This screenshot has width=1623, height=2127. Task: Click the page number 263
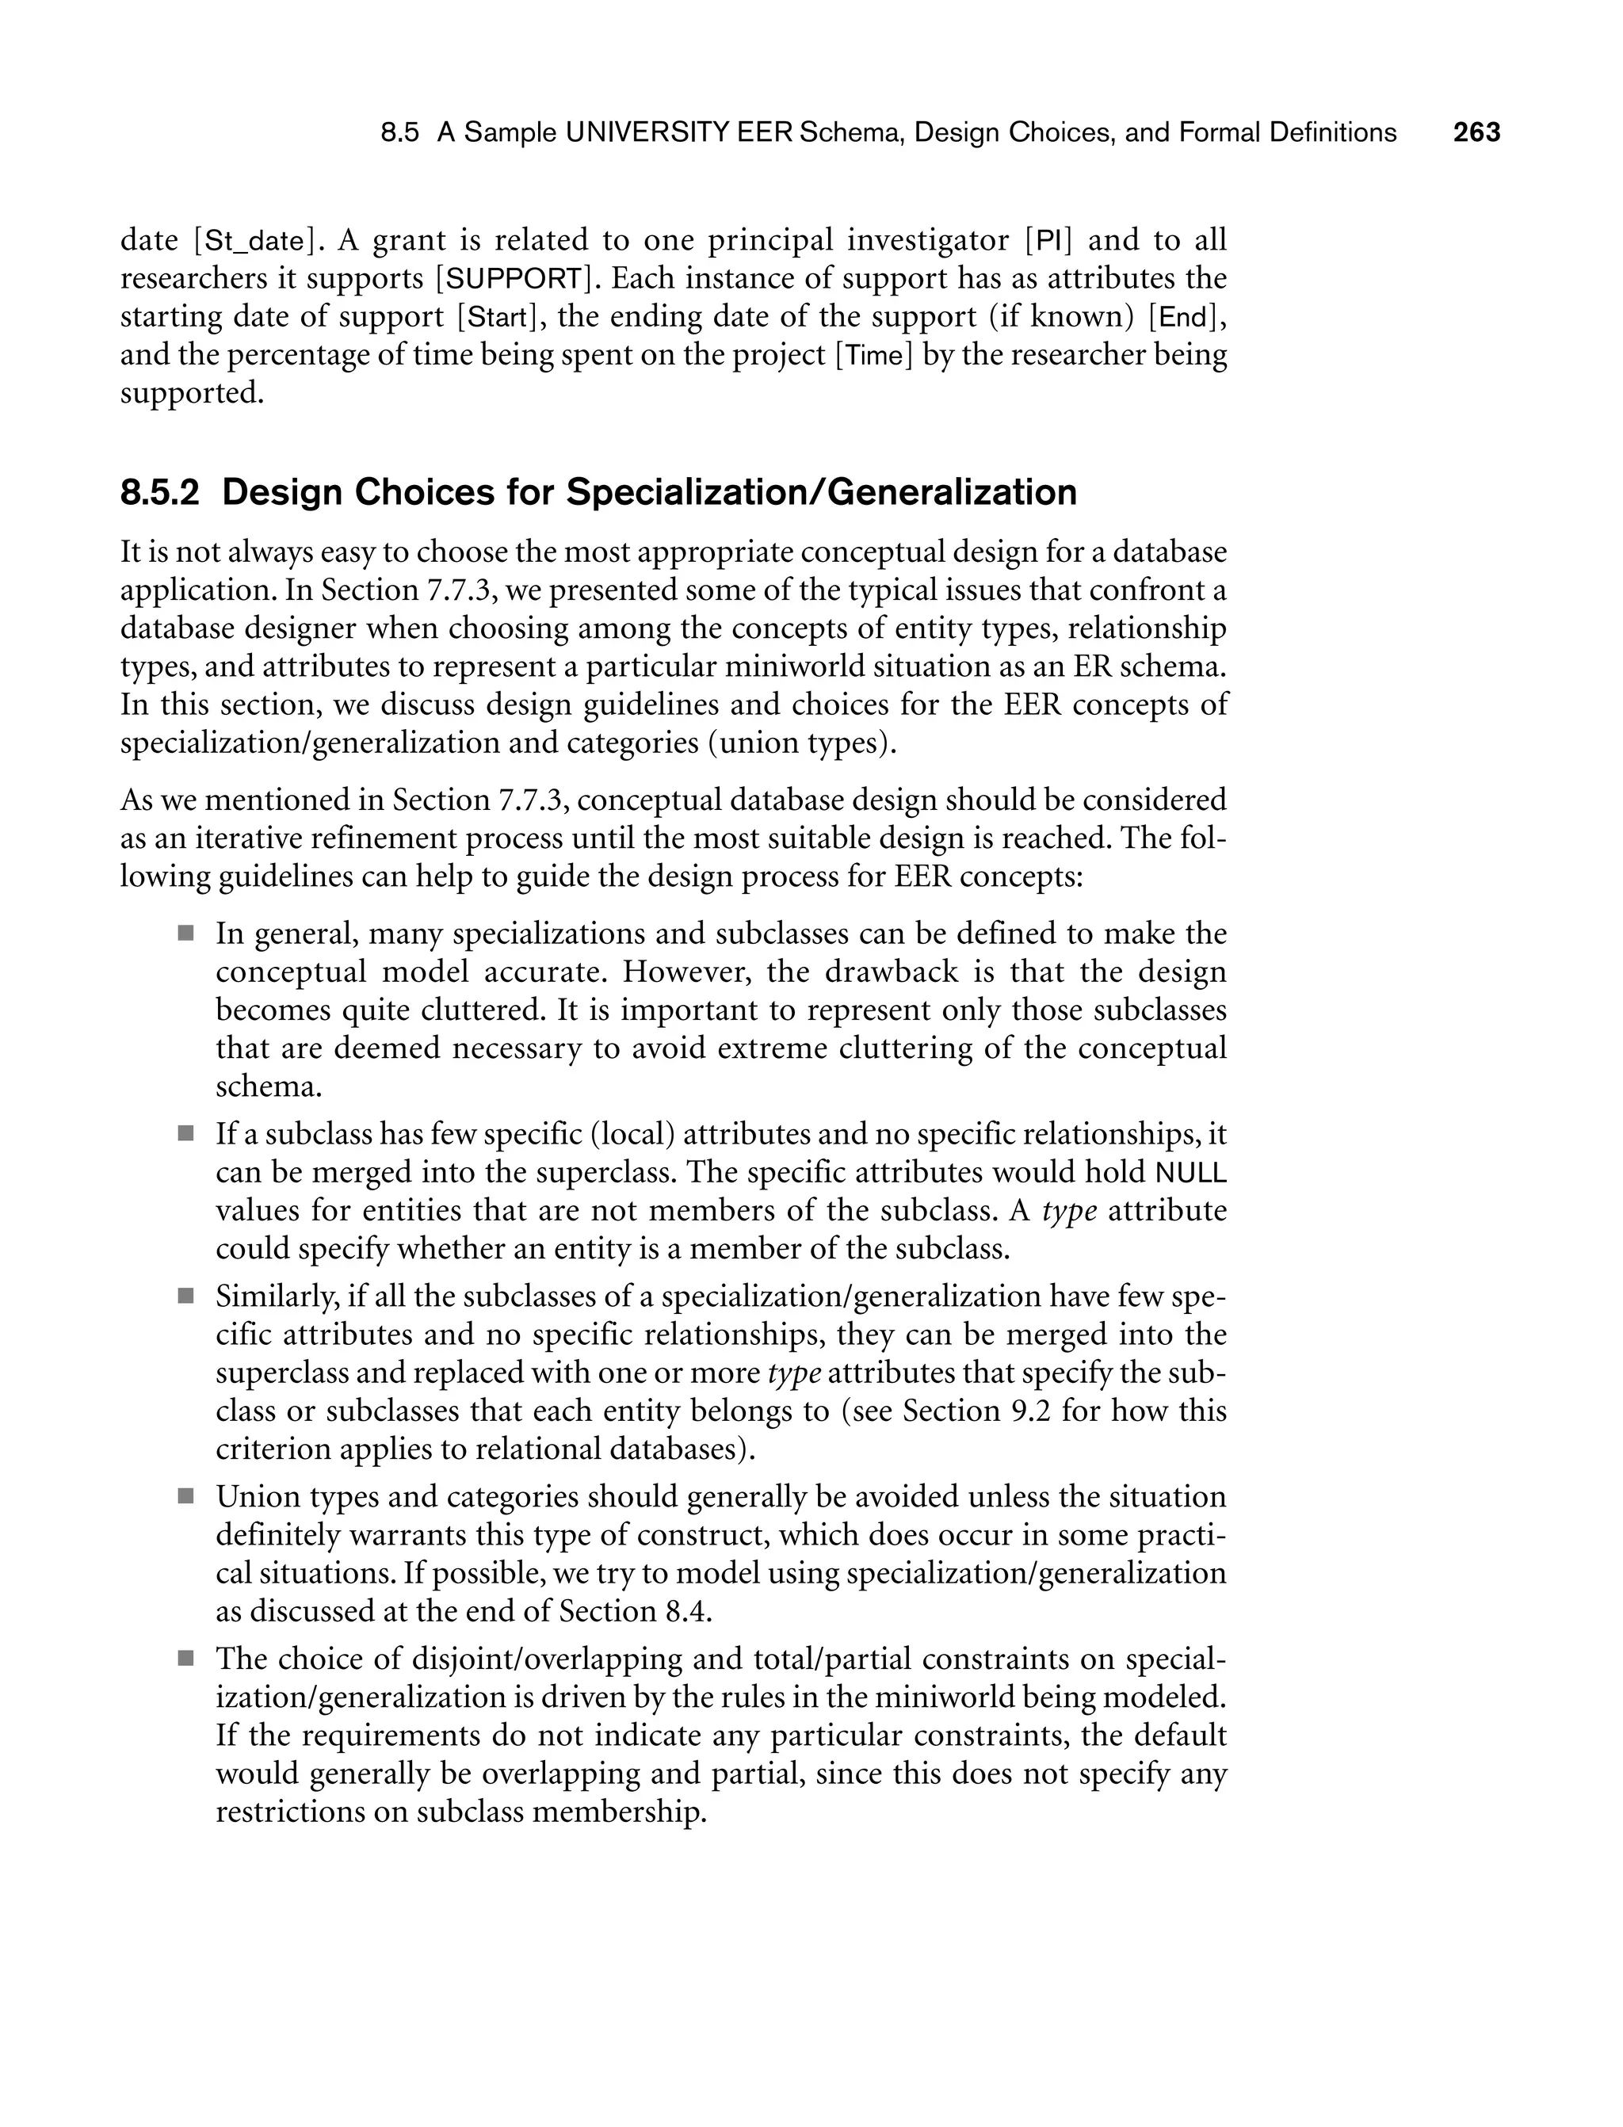click(1476, 132)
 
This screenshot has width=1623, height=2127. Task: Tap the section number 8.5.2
click(159, 493)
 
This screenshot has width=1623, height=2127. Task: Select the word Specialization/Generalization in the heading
click(821, 493)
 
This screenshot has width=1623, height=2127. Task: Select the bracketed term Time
click(873, 356)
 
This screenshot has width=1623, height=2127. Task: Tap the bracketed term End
click(1182, 317)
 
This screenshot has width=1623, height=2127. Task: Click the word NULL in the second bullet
click(1191, 1173)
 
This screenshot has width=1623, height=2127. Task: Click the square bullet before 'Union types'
click(185, 1497)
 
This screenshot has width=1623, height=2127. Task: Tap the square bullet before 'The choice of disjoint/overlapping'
click(185, 1659)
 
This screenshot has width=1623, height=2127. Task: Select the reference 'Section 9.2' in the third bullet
click(973, 1411)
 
